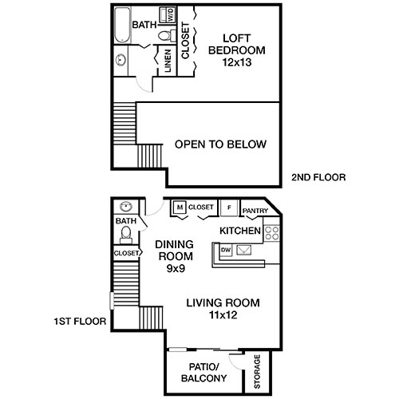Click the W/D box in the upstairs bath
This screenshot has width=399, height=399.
(170, 14)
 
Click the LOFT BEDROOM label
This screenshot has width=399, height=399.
(235, 44)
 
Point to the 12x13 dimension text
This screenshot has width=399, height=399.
(235, 62)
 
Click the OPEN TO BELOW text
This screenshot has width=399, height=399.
(220, 144)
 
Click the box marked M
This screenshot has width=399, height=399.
(180, 207)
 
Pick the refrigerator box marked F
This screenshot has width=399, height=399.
(230, 207)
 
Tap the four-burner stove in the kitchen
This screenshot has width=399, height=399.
(272, 233)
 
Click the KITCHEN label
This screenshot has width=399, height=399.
(240, 231)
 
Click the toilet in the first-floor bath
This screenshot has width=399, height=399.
(125, 234)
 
